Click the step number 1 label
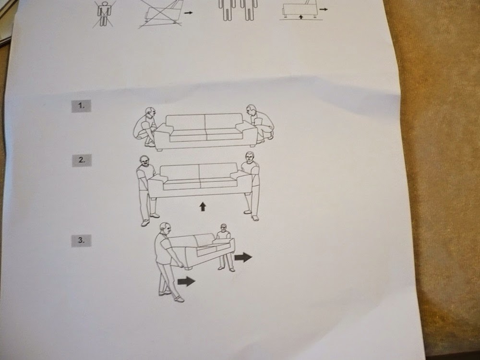point(81,106)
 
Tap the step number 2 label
point(82,160)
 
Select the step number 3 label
point(81,240)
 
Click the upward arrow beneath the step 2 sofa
point(203,206)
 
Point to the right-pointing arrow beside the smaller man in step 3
point(243,257)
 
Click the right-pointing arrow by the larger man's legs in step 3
point(186,281)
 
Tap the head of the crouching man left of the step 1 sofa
point(150,112)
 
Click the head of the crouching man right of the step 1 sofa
point(251,109)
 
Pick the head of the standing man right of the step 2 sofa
point(250,157)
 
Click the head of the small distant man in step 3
point(224,228)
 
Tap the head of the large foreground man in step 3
point(165,228)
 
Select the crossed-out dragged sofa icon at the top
point(161,14)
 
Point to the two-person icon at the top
point(238,10)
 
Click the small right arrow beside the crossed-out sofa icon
point(189,12)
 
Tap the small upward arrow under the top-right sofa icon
point(301,17)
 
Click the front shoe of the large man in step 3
point(179,299)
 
